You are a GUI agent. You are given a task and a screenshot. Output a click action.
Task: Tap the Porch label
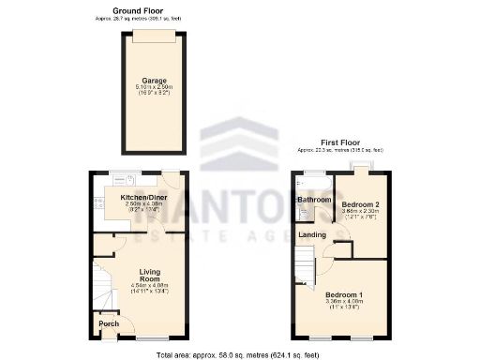click(x=108, y=324)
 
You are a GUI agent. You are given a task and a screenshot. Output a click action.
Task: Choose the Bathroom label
click(x=315, y=200)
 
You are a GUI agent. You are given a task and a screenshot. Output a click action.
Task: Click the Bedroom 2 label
click(x=360, y=203)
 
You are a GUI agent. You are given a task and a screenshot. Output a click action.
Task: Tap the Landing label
click(x=312, y=234)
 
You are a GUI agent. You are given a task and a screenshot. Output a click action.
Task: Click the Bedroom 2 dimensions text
click(x=360, y=214)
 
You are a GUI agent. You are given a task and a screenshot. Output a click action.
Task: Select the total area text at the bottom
click(x=240, y=355)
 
